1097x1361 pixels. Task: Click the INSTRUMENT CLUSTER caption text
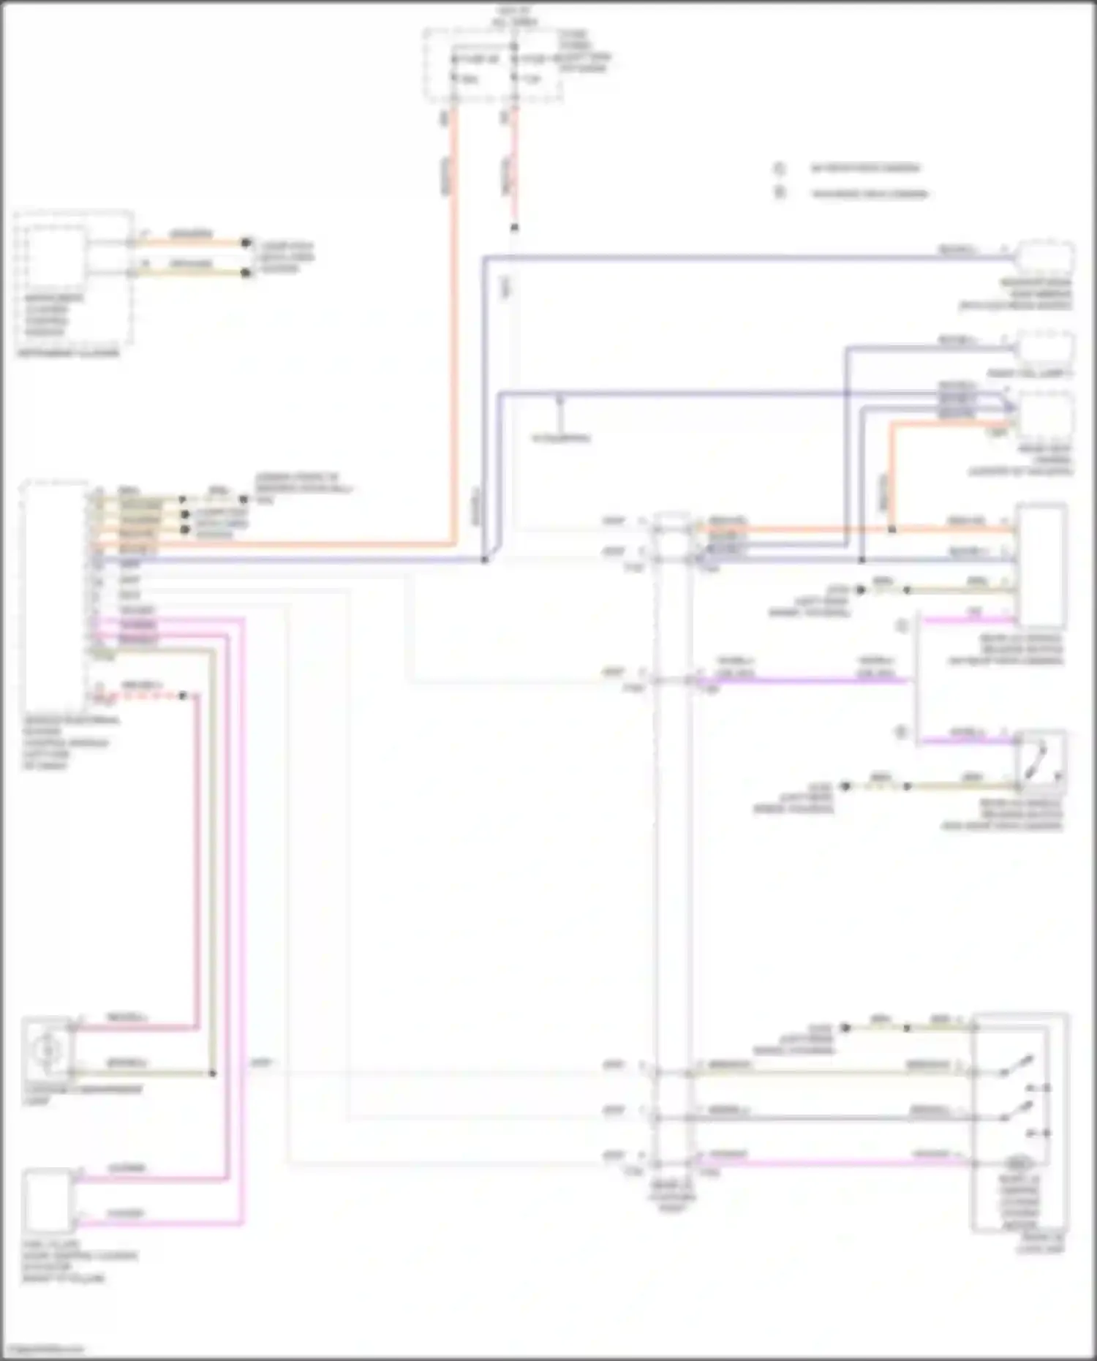coord(68,353)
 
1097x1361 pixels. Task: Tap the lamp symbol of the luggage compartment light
coord(47,1050)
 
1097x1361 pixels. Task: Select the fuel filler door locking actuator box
coord(48,1201)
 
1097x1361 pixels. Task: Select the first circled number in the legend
coord(780,168)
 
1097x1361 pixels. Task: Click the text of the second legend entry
coord(870,194)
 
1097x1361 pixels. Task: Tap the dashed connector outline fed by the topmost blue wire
coord(1047,257)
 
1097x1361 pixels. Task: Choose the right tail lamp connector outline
coord(1046,348)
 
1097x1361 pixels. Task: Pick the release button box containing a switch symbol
coord(1042,761)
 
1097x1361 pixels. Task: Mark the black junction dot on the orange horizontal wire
coord(892,529)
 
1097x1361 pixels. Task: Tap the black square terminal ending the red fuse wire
coord(514,228)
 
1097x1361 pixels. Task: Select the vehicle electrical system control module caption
coord(67,742)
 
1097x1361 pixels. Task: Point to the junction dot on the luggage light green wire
coord(213,1073)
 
